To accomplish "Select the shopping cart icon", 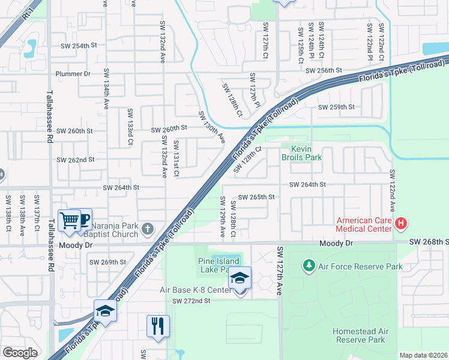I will pos(68,220).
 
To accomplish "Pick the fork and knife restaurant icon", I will pos(158,326).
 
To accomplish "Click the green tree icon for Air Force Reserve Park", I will pos(309,265).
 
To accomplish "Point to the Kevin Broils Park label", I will pos(302,153).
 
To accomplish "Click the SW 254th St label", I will pos(79,46).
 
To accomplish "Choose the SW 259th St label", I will pos(336,107).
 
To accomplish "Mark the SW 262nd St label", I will pos(76,160).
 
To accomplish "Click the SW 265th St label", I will pos(256,197).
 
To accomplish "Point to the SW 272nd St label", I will pos(190,301).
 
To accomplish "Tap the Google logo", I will pos(20,352).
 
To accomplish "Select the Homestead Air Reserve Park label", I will pos(359,335).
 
